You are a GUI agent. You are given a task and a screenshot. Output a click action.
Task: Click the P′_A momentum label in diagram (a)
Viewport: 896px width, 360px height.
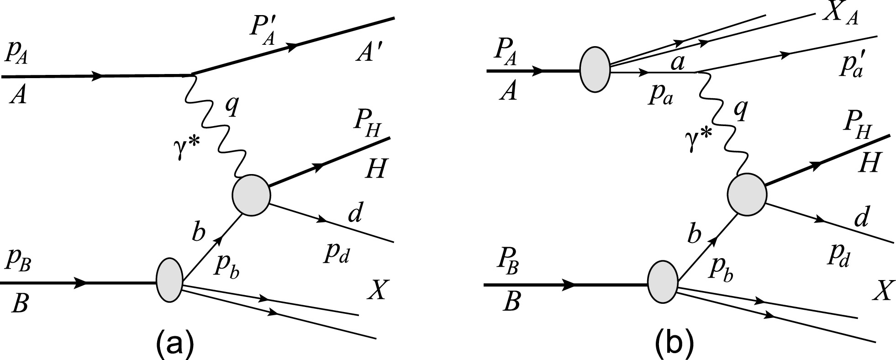pyautogui.click(x=262, y=32)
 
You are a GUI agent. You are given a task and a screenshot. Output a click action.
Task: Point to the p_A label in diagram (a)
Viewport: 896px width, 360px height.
pyautogui.click(x=17, y=55)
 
